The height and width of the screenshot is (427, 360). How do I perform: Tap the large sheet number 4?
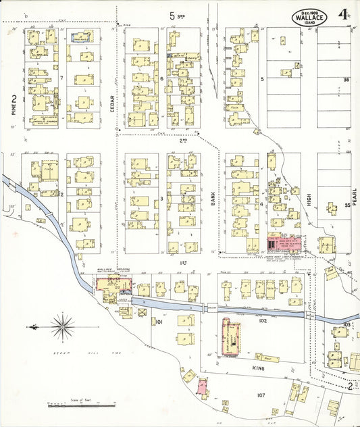pos(344,14)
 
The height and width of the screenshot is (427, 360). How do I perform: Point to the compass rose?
pos(62,327)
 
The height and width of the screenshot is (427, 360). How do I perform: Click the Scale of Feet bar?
pos(80,405)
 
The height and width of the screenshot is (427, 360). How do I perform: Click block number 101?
pos(159,322)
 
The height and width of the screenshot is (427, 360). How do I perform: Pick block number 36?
pos(346,80)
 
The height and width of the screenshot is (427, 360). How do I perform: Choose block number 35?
pos(347,205)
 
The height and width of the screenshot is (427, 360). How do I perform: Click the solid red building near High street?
pos(273,242)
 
